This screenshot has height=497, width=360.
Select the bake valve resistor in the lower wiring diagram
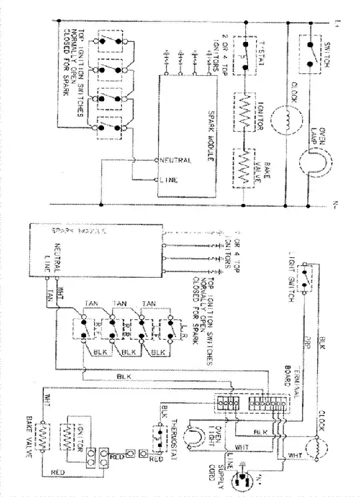(x=43, y=440)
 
